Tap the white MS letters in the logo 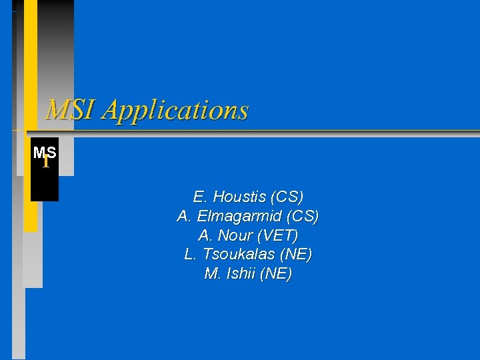coord(44,152)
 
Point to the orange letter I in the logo coord(45,162)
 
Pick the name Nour coord(235,236)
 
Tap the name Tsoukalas coord(240,255)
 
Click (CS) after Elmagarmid coord(303,217)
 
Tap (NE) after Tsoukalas coord(296,255)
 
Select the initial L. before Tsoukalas coord(191,255)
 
